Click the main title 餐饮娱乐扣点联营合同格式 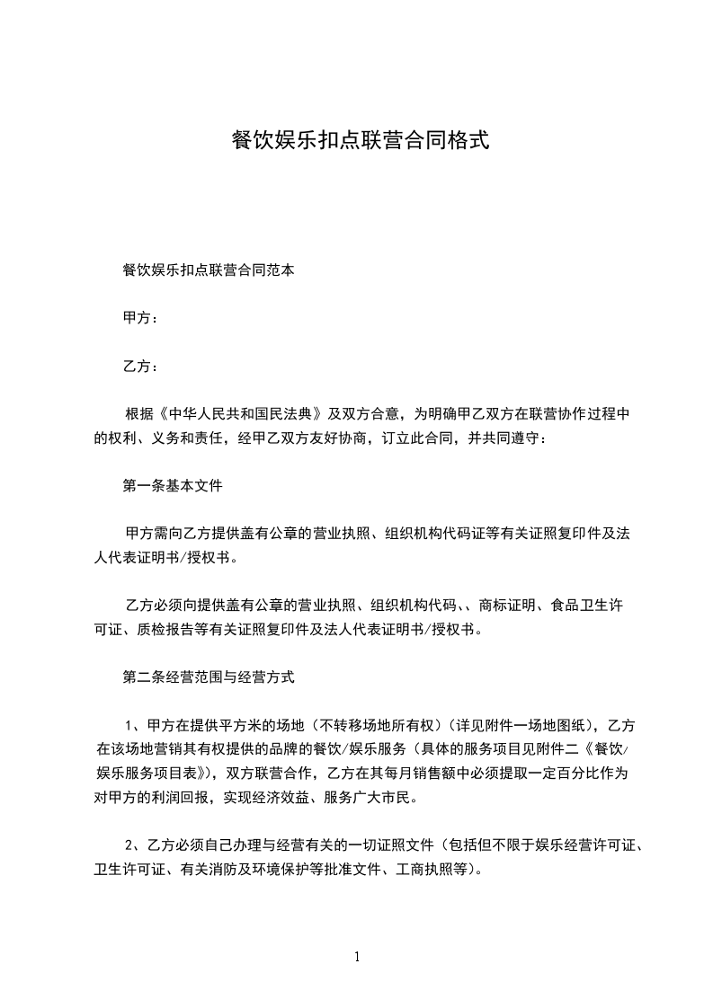(x=360, y=140)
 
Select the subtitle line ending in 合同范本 (x=208, y=269)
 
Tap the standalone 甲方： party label (x=141, y=317)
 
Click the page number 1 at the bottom (x=357, y=957)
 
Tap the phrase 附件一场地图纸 (x=530, y=725)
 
